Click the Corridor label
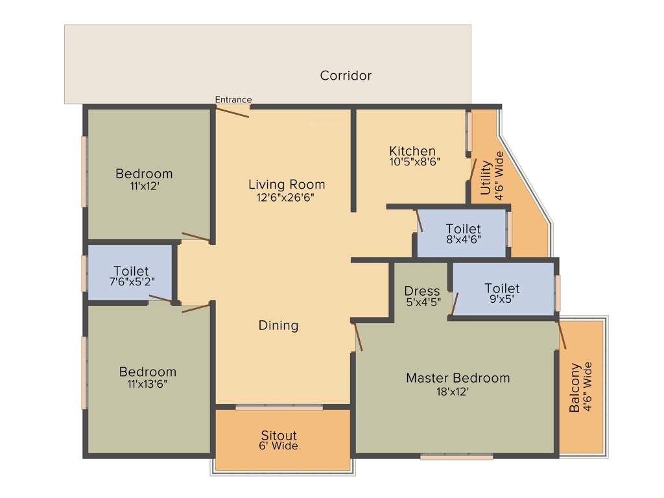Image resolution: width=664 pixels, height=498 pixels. [x=346, y=76]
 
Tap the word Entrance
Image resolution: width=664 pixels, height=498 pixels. [x=233, y=100]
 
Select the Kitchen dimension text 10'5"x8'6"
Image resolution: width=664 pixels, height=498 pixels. [x=415, y=162]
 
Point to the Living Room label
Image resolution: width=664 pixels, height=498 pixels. [x=287, y=185]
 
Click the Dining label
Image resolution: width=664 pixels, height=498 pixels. [x=278, y=326]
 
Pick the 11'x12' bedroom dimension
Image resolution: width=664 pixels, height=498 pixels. [x=144, y=185]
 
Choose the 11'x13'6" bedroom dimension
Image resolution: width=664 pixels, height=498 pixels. [x=148, y=384]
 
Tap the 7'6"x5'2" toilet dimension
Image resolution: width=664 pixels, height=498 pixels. [x=131, y=282]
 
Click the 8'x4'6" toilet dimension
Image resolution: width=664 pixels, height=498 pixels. [x=463, y=240]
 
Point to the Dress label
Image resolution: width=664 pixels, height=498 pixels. [x=421, y=291]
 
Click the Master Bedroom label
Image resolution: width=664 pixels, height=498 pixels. [x=458, y=378]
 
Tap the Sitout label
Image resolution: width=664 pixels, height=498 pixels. [x=279, y=436]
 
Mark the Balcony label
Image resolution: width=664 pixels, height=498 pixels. [x=575, y=388]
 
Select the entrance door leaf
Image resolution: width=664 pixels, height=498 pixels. [x=232, y=112]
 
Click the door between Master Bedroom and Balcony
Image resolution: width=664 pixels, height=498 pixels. [x=562, y=335]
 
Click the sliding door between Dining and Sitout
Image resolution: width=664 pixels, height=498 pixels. [x=279, y=407]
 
